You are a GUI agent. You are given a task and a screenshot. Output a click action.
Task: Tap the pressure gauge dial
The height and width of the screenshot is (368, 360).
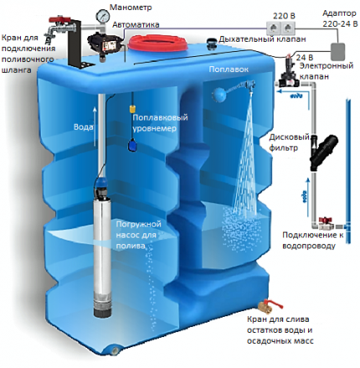104,15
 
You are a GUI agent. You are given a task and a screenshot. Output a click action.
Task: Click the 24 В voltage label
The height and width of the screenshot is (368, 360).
294,56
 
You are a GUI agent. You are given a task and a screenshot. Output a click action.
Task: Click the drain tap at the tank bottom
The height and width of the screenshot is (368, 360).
270,303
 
